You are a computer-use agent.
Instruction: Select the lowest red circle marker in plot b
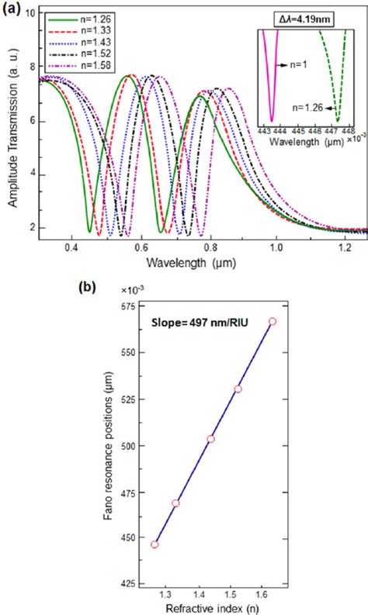coord(154,544)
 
